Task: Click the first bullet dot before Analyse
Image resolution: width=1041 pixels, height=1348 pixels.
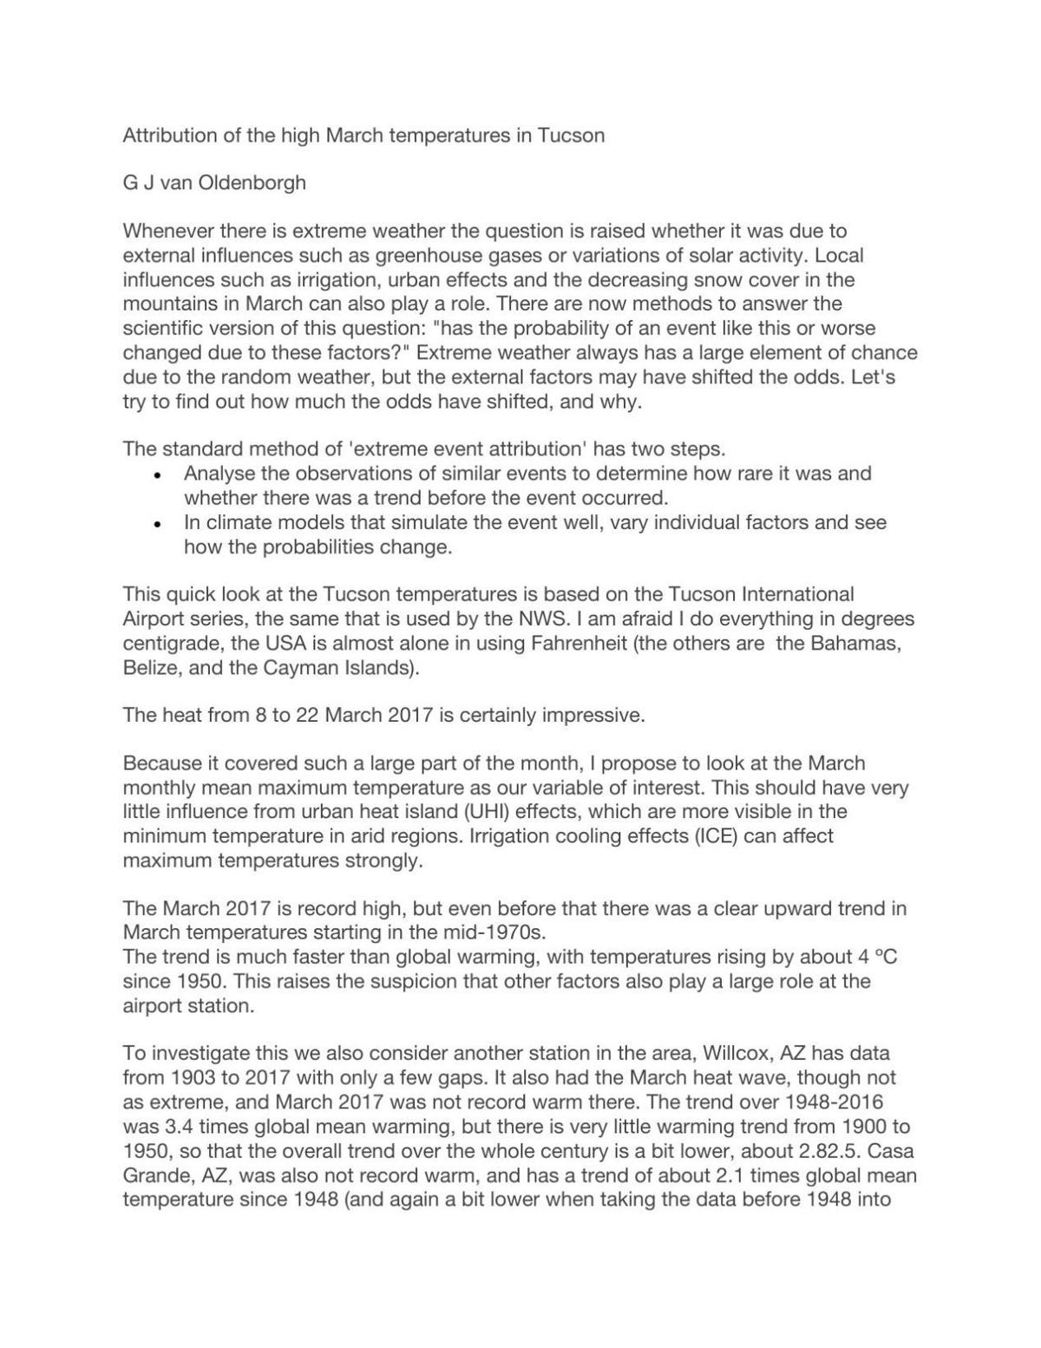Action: tap(157, 475)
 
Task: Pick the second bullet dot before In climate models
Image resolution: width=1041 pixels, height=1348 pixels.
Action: tap(157, 524)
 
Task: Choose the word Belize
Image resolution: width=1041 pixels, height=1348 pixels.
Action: tap(150, 668)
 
